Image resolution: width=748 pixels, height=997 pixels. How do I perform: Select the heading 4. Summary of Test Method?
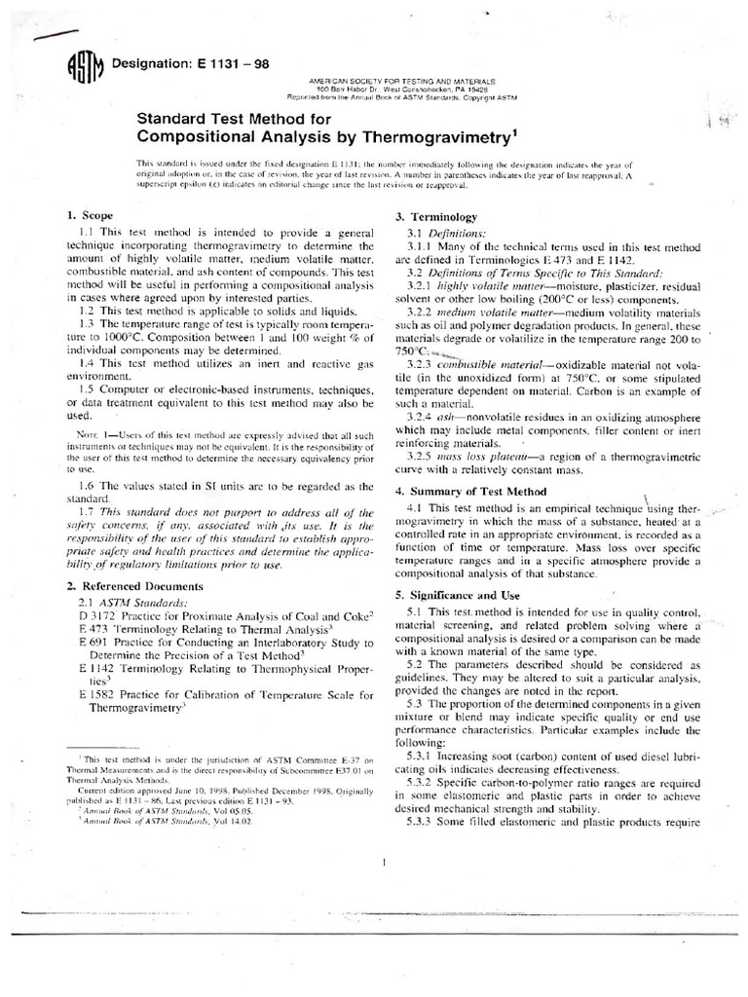(470, 491)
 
